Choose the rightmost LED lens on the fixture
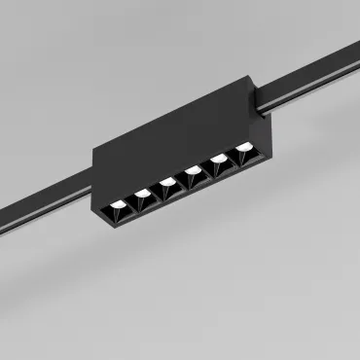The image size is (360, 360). tap(242, 149)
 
